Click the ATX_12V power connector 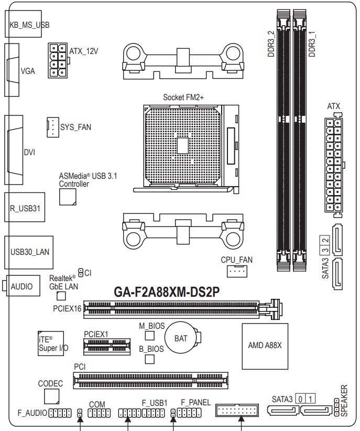tap(58, 60)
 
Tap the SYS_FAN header tap(53, 127)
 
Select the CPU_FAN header tap(237, 271)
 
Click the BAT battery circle tap(182, 338)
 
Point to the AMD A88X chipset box tap(265, 347)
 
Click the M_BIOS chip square tap(149, 336)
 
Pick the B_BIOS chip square tap(149, 359)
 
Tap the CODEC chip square tap(52, 396)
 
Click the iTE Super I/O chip tap(51, 343)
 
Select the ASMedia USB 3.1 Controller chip tap(68, 197)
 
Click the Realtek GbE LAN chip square tap(61, 296)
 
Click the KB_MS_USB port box tap(24, 24)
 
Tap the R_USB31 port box tap(25, 207)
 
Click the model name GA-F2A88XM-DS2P tap(167, 292)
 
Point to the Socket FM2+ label tap(183, 98)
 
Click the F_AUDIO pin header tap(60, 413)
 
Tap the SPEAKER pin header tap(336, 407)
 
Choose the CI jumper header tap(81, 273)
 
